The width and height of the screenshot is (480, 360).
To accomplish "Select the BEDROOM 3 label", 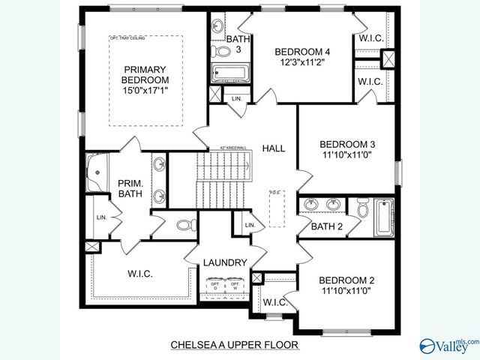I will point(346,144).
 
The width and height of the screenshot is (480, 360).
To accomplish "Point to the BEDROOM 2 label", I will point(346,280).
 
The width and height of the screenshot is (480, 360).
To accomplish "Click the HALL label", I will point(274,148).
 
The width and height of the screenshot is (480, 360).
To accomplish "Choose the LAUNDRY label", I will point(225,262).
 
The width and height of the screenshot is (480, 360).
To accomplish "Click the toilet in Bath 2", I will point(362,208).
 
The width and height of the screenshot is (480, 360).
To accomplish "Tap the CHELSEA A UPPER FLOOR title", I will point(235,345).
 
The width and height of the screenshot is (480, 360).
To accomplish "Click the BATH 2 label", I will point(327,226).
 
